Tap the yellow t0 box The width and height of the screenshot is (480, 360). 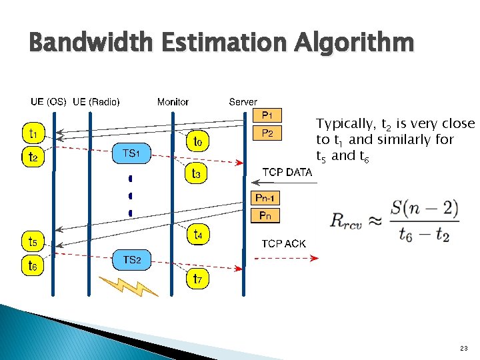pos(198,141)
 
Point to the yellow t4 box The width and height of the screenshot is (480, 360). pos(199,234)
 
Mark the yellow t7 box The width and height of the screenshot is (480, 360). pos(198,278)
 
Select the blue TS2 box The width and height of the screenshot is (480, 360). pos(131,259)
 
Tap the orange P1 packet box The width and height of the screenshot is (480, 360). pos(267,115)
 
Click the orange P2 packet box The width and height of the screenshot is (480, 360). pos(267,133)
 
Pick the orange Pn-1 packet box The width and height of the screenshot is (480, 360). pos(265,198)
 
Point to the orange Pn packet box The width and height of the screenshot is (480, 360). pos(265,215)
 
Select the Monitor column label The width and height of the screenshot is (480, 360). pos(173,102)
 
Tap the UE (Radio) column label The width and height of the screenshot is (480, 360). pos(96,102)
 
